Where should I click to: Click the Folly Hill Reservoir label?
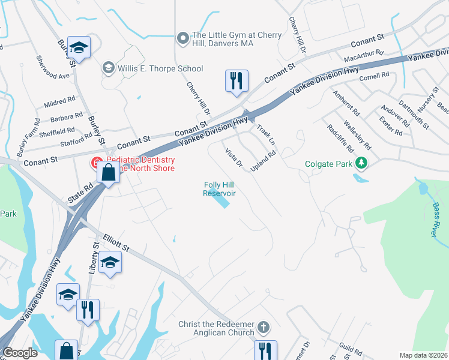click(x=219, y=189)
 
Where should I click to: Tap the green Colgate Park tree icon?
click(x=361, y=163)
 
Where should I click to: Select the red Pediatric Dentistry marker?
click(x=95, y=162)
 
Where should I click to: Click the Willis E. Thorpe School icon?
click(x=108, y=66)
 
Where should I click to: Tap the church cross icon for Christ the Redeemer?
click(x=262, y=328)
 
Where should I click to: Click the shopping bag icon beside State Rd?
click(x=107, y=172)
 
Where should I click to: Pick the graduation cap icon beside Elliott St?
click(x=110, y=262)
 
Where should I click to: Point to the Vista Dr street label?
click(x=234, y=158)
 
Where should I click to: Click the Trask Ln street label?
click(x=265, y=135)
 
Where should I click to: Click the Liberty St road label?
click(x=94, y=259)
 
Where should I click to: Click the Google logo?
click(x=19, y=353)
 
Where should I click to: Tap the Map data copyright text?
click(x=423, y=355)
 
